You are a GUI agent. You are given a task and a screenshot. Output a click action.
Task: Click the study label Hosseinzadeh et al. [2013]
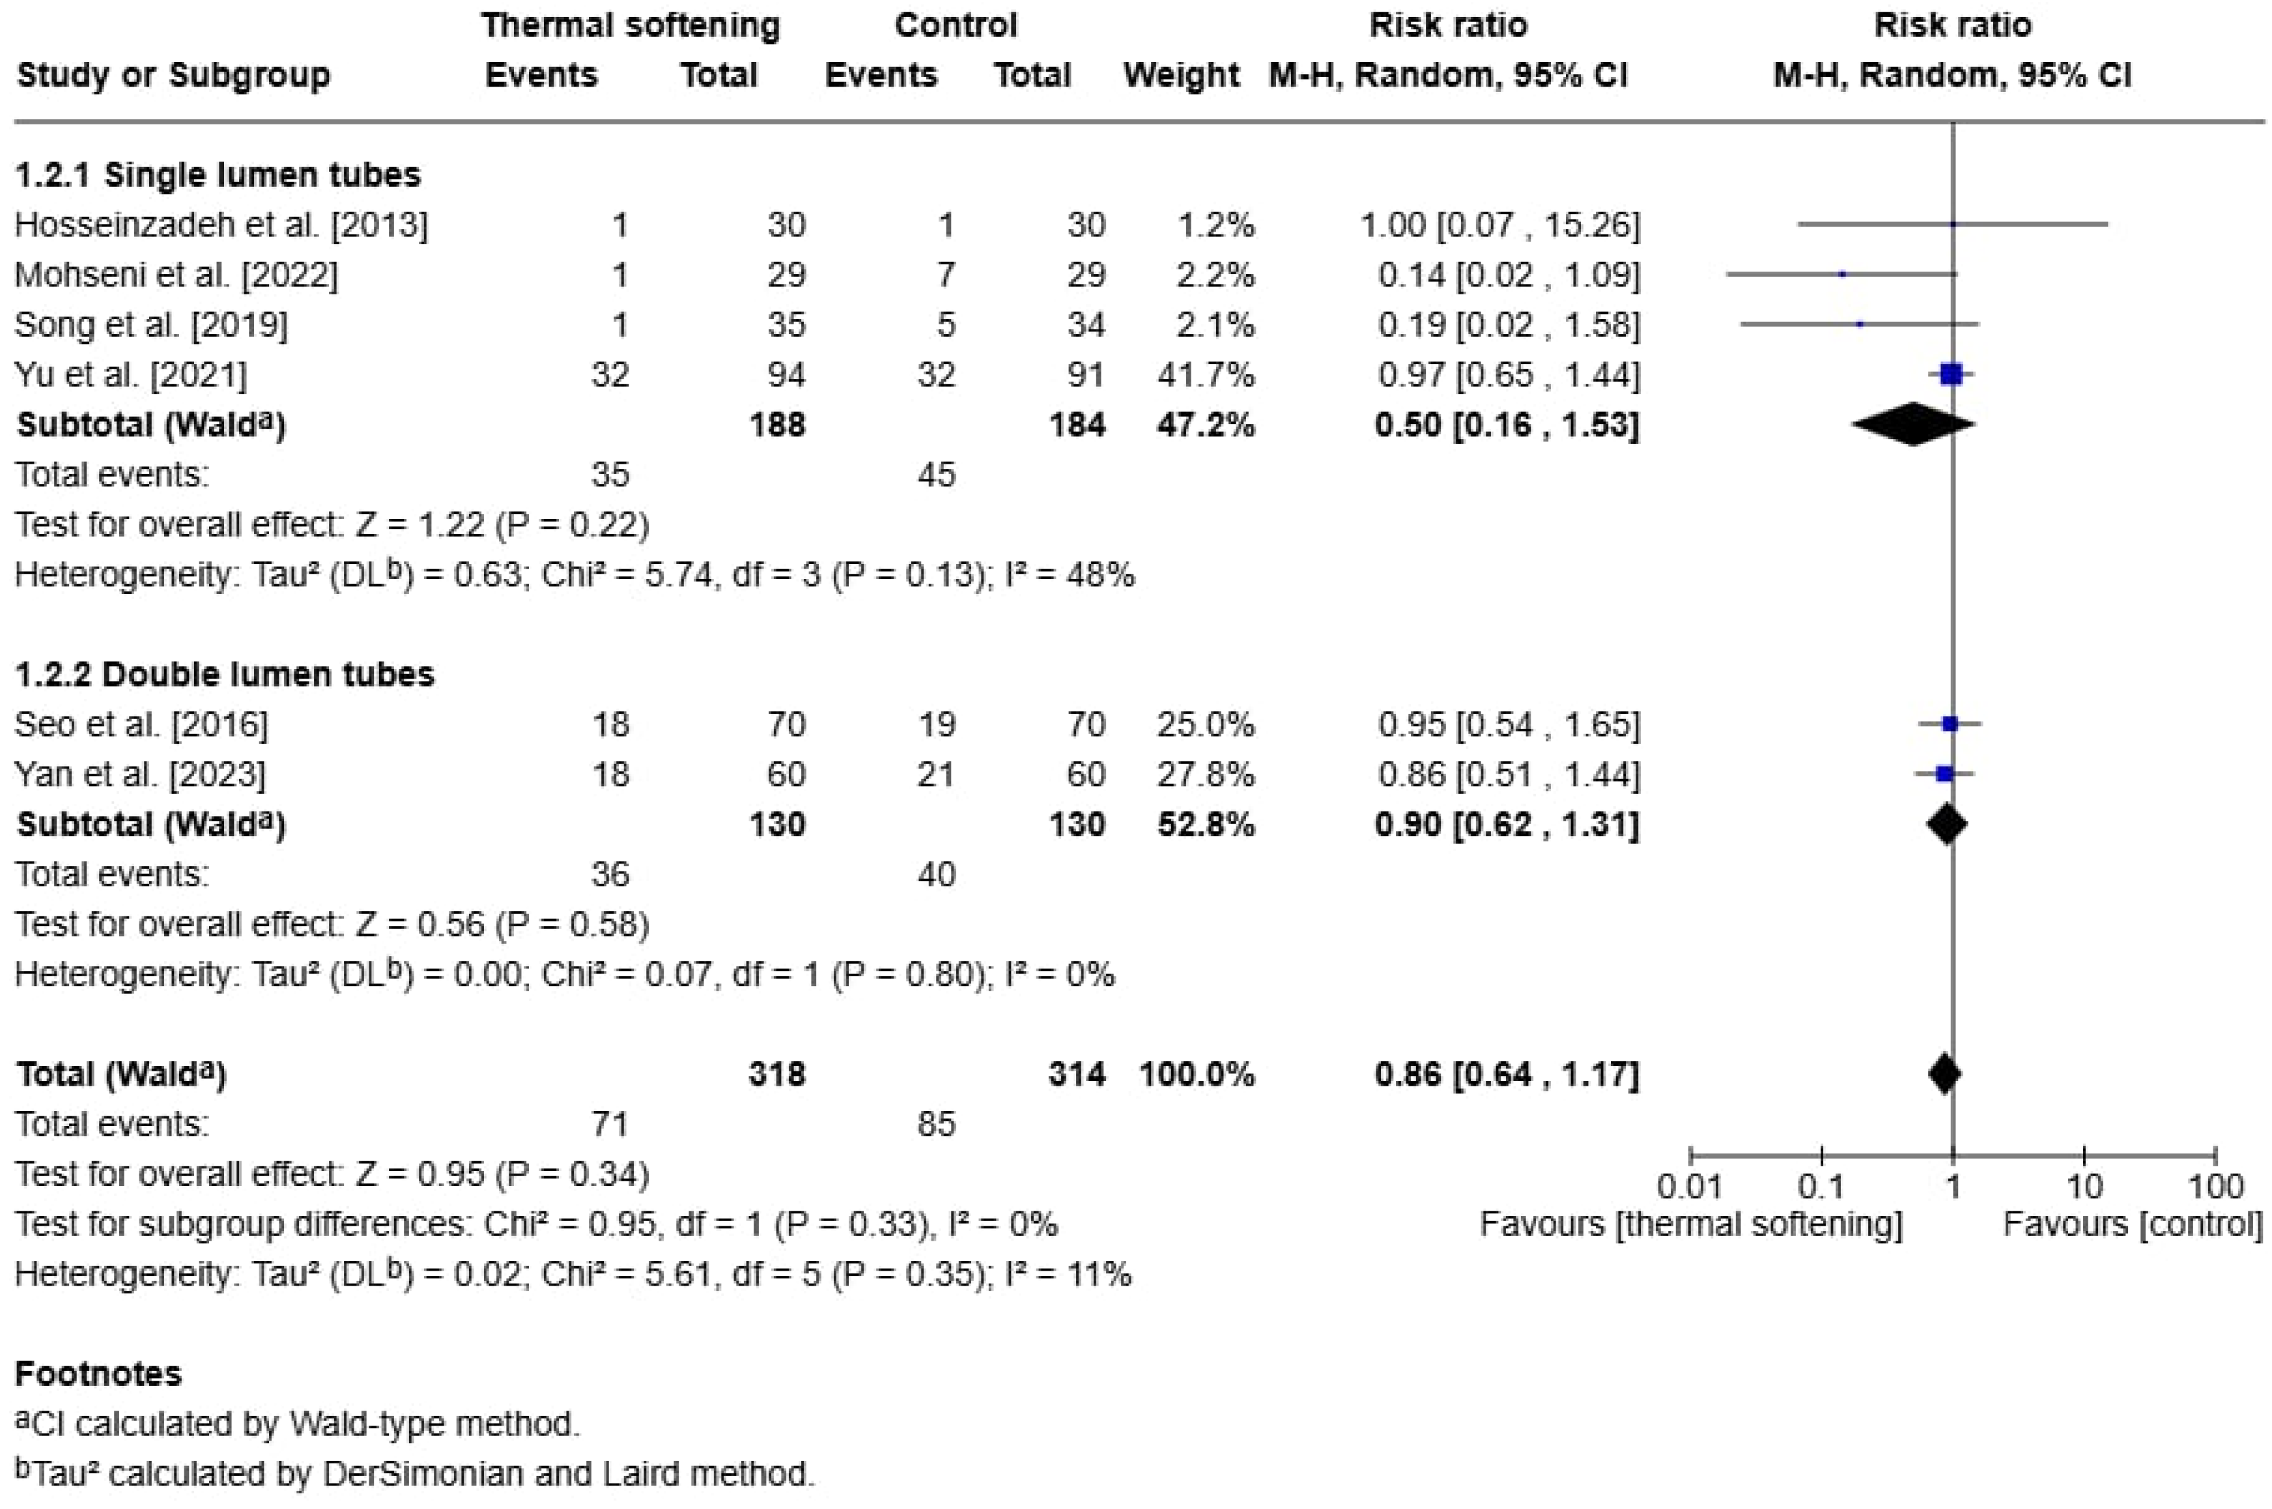point(221,225)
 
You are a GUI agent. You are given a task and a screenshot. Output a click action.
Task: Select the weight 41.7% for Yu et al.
point(1205,374)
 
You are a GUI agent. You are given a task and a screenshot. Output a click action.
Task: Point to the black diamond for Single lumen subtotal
point(1913,425)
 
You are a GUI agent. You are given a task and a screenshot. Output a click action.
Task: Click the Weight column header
point(1181,75)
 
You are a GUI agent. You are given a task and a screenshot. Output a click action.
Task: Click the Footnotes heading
point(98,1374)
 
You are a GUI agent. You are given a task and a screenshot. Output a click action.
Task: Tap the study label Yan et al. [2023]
point(141,775)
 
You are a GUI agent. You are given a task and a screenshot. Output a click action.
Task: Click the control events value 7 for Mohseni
point(946,275)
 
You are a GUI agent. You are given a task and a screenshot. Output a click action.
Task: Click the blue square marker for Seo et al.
point(1950,724)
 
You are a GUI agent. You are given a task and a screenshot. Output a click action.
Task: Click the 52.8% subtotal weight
point(1205,825)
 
